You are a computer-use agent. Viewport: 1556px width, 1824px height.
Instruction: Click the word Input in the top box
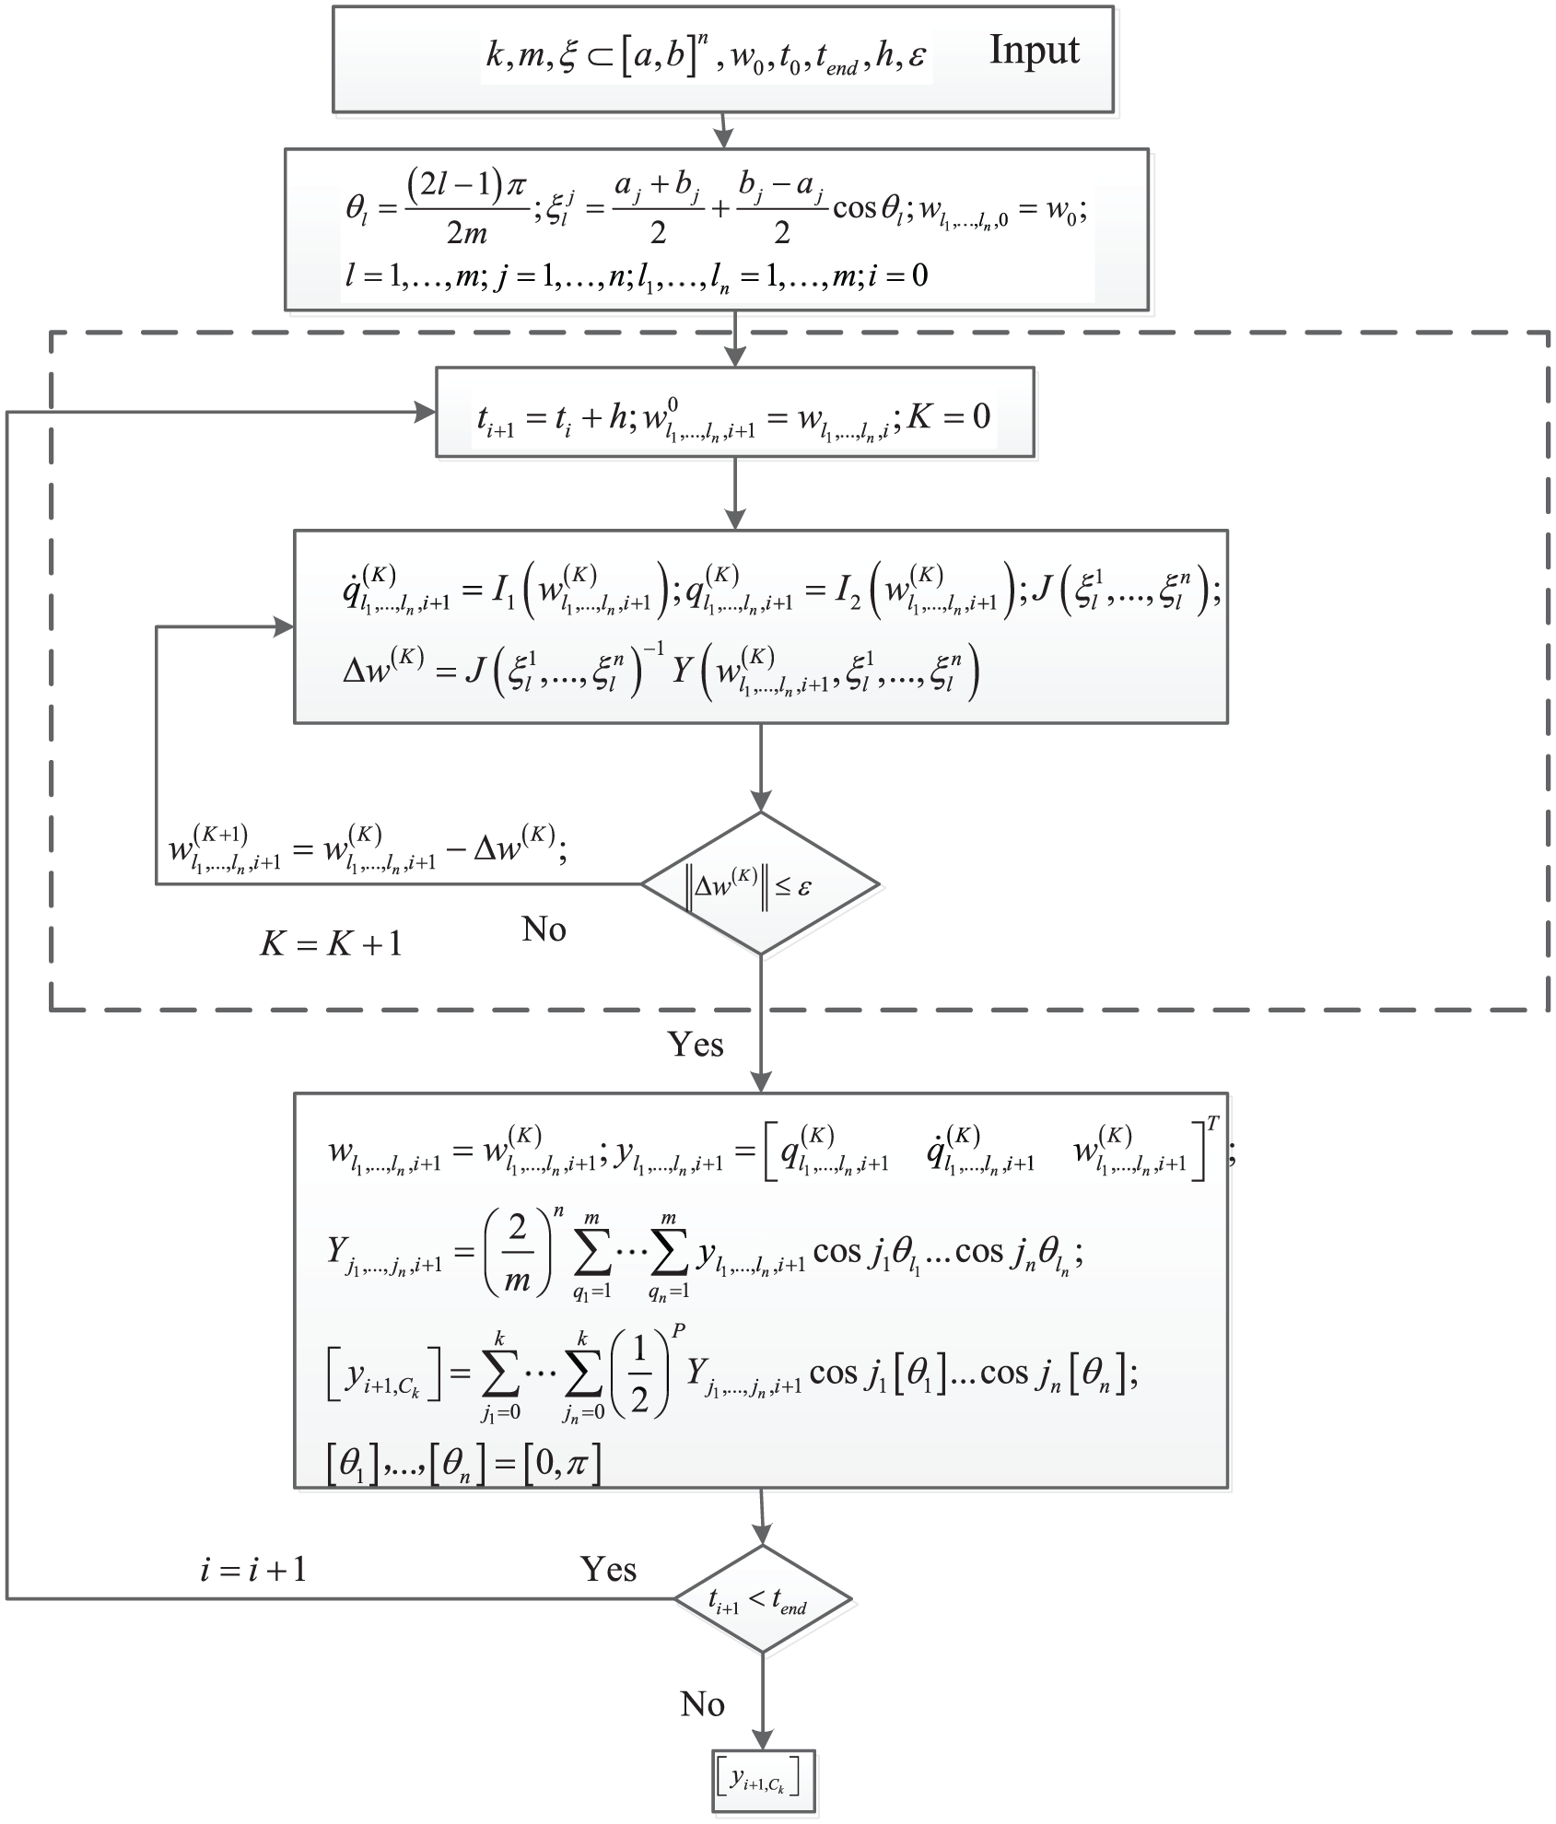pos(1034,52)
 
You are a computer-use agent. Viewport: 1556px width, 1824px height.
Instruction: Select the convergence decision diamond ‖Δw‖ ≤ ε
pos(760,883)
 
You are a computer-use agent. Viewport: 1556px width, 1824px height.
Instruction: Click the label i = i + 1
pos(253,1569)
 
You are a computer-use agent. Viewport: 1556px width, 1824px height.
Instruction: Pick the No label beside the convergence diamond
pos(544,929)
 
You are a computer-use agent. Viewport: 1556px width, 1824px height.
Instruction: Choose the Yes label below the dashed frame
pos(696,1044)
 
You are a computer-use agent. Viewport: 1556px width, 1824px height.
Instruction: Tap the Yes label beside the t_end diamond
pos(608,1569)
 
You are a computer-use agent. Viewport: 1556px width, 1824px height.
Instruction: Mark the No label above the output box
pos(702,1704)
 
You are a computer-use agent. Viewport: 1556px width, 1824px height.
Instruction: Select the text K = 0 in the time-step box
pos(949,416)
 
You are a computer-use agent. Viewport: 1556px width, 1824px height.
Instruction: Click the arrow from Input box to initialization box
pos(723,130)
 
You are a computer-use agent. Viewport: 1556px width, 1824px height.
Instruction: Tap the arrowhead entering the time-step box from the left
pos(427,412)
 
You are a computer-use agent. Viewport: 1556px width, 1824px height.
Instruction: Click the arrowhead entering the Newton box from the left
pos(284,626)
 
